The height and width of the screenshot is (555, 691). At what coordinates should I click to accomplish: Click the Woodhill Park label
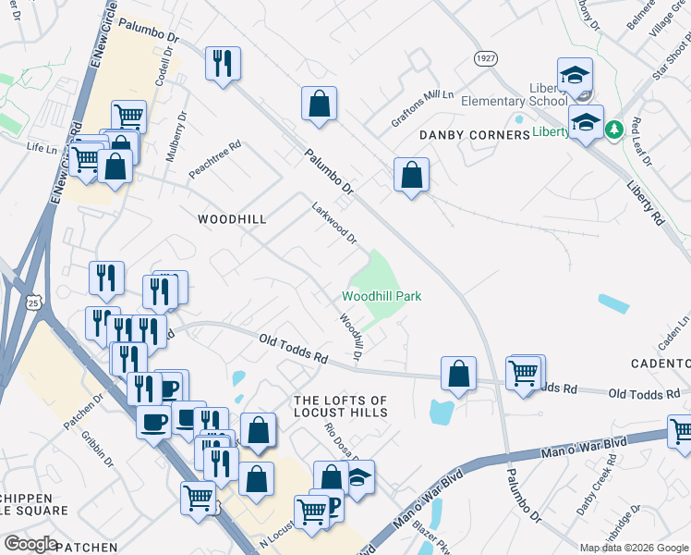tap(382, 297)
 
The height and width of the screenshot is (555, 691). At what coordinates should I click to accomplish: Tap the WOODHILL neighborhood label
tap(233, 219)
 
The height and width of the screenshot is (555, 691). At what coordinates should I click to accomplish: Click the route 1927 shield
tap(486, 58)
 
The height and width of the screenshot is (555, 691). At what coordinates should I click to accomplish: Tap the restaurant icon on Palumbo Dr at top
tap(223, 64)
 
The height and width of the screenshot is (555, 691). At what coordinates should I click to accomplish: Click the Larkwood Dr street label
tap(333, 224)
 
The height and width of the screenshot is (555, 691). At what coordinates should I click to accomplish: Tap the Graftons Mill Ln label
tap(422, 107)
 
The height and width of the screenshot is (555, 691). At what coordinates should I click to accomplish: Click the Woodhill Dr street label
tap(350, 336)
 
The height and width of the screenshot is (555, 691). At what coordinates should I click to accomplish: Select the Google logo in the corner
tap(30, 543)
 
